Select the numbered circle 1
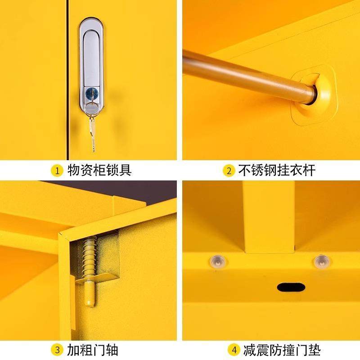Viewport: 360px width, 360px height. click(57, 171)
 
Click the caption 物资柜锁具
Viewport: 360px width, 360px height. click(99, 171)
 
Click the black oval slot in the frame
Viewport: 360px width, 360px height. click(291, 287)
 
